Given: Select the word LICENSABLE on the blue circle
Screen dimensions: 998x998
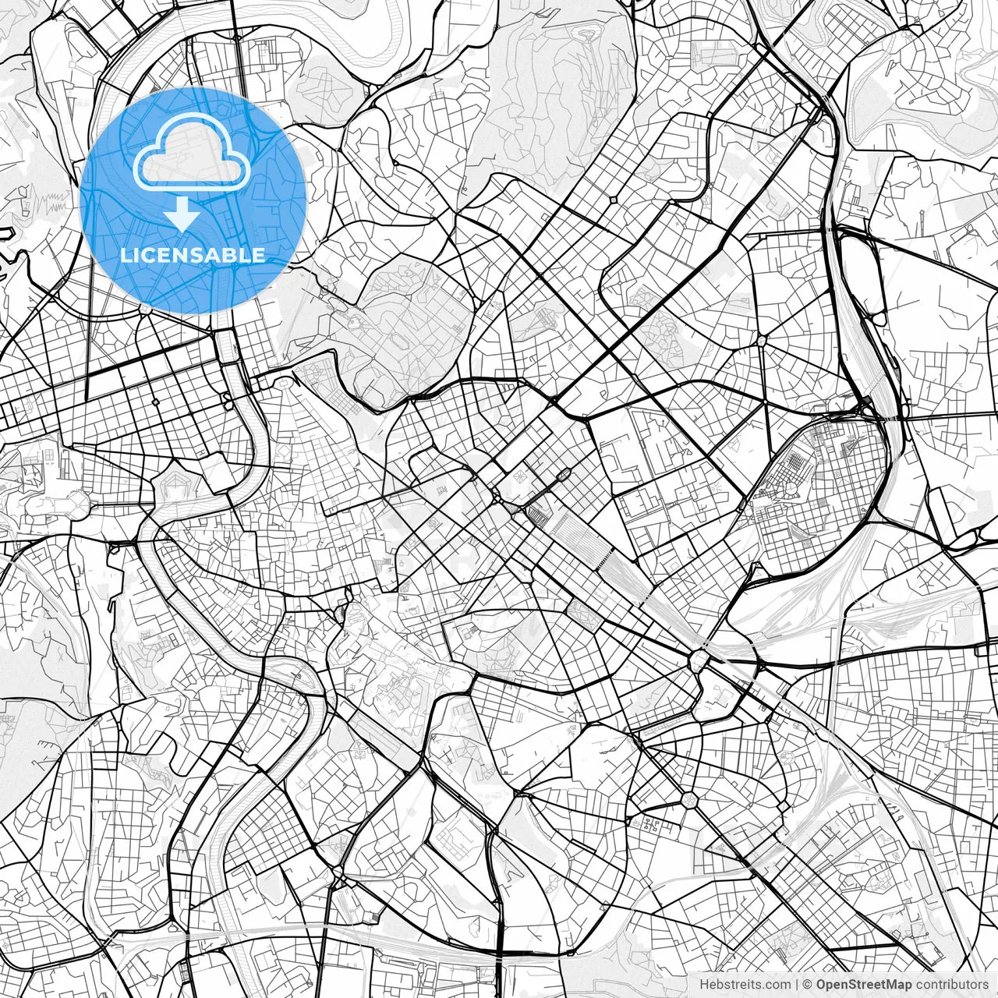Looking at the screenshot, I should click(193, 256).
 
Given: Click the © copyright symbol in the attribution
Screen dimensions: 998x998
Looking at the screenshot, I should click(808, 985).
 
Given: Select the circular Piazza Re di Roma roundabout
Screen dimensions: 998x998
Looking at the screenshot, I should click(688, 799).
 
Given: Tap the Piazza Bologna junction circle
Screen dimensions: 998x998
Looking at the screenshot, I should click(762, 341).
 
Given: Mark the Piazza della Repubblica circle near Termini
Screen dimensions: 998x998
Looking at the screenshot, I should click(497, 497).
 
